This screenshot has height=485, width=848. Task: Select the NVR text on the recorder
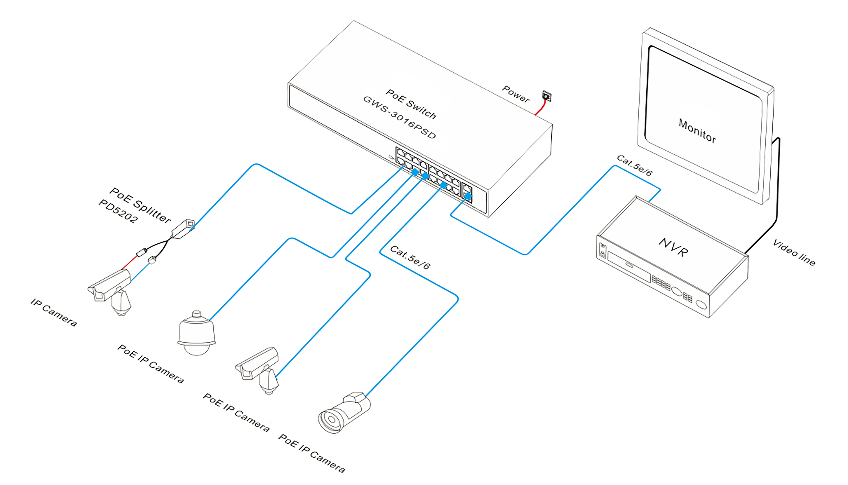673,247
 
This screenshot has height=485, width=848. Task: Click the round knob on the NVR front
677,291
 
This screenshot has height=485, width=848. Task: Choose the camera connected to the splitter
110,290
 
